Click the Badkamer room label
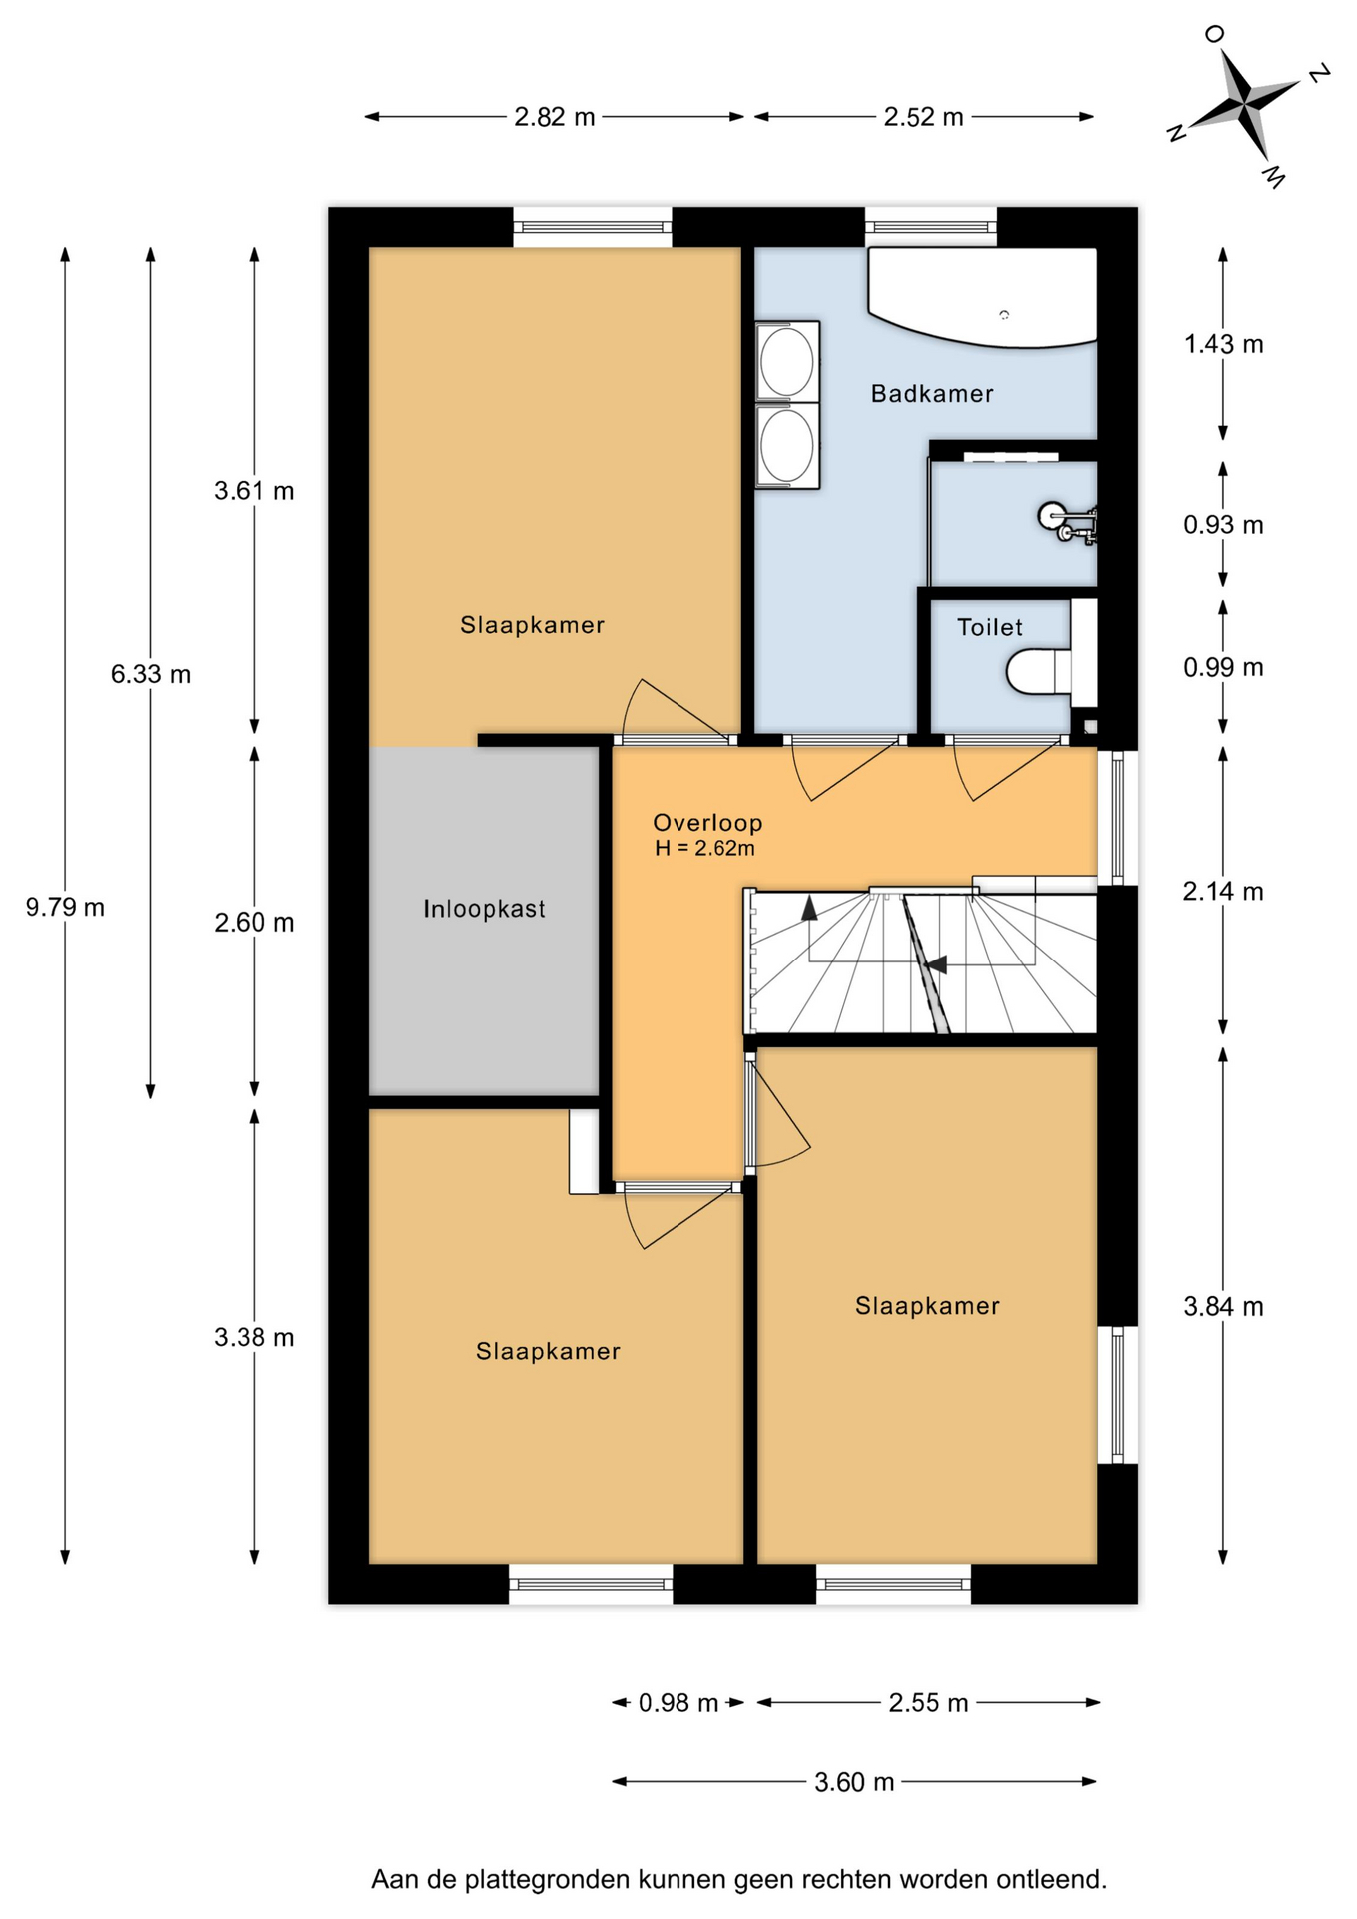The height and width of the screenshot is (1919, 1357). [x=932, y=394]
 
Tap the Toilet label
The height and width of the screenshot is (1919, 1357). [x=990, y=628]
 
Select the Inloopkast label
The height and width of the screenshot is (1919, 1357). [x=484, y=909]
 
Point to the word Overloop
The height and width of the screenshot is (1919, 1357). [x=707, y=823]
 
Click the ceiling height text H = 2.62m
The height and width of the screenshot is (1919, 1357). [x=705, y=849]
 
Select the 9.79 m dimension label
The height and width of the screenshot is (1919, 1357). [x=65, y=908]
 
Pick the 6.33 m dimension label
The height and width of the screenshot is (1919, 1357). [x=151, y=674]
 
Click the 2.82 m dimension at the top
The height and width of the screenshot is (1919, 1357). [x=555, y=117]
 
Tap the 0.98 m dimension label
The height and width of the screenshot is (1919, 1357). [x=678, y=1703]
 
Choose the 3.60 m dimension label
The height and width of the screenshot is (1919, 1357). [x=854, y=1782]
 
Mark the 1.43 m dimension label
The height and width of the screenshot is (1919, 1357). [x=1223, y=345]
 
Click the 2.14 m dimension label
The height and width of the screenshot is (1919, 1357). [x=1223, y=891]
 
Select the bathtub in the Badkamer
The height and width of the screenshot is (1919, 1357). [x=983, y=296]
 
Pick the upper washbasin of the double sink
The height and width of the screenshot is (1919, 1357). [x=787, y=362]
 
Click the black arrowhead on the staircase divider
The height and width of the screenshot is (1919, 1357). [x=935, y=964]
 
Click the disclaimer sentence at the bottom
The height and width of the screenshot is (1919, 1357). [x=739, y=1880]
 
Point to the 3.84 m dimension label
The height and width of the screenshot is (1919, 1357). [x=1223, y=1307]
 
